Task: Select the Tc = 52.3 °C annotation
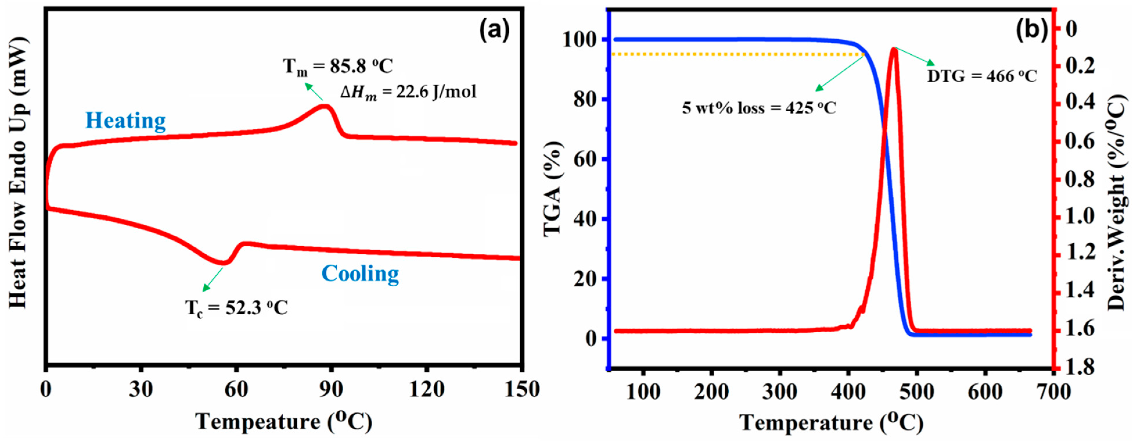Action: pos(236,308)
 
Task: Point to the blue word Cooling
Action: pos(360,274)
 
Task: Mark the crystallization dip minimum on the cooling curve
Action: pos(223,263)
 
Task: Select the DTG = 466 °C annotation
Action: pos(982,76)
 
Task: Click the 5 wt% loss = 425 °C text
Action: pos(759,108)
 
